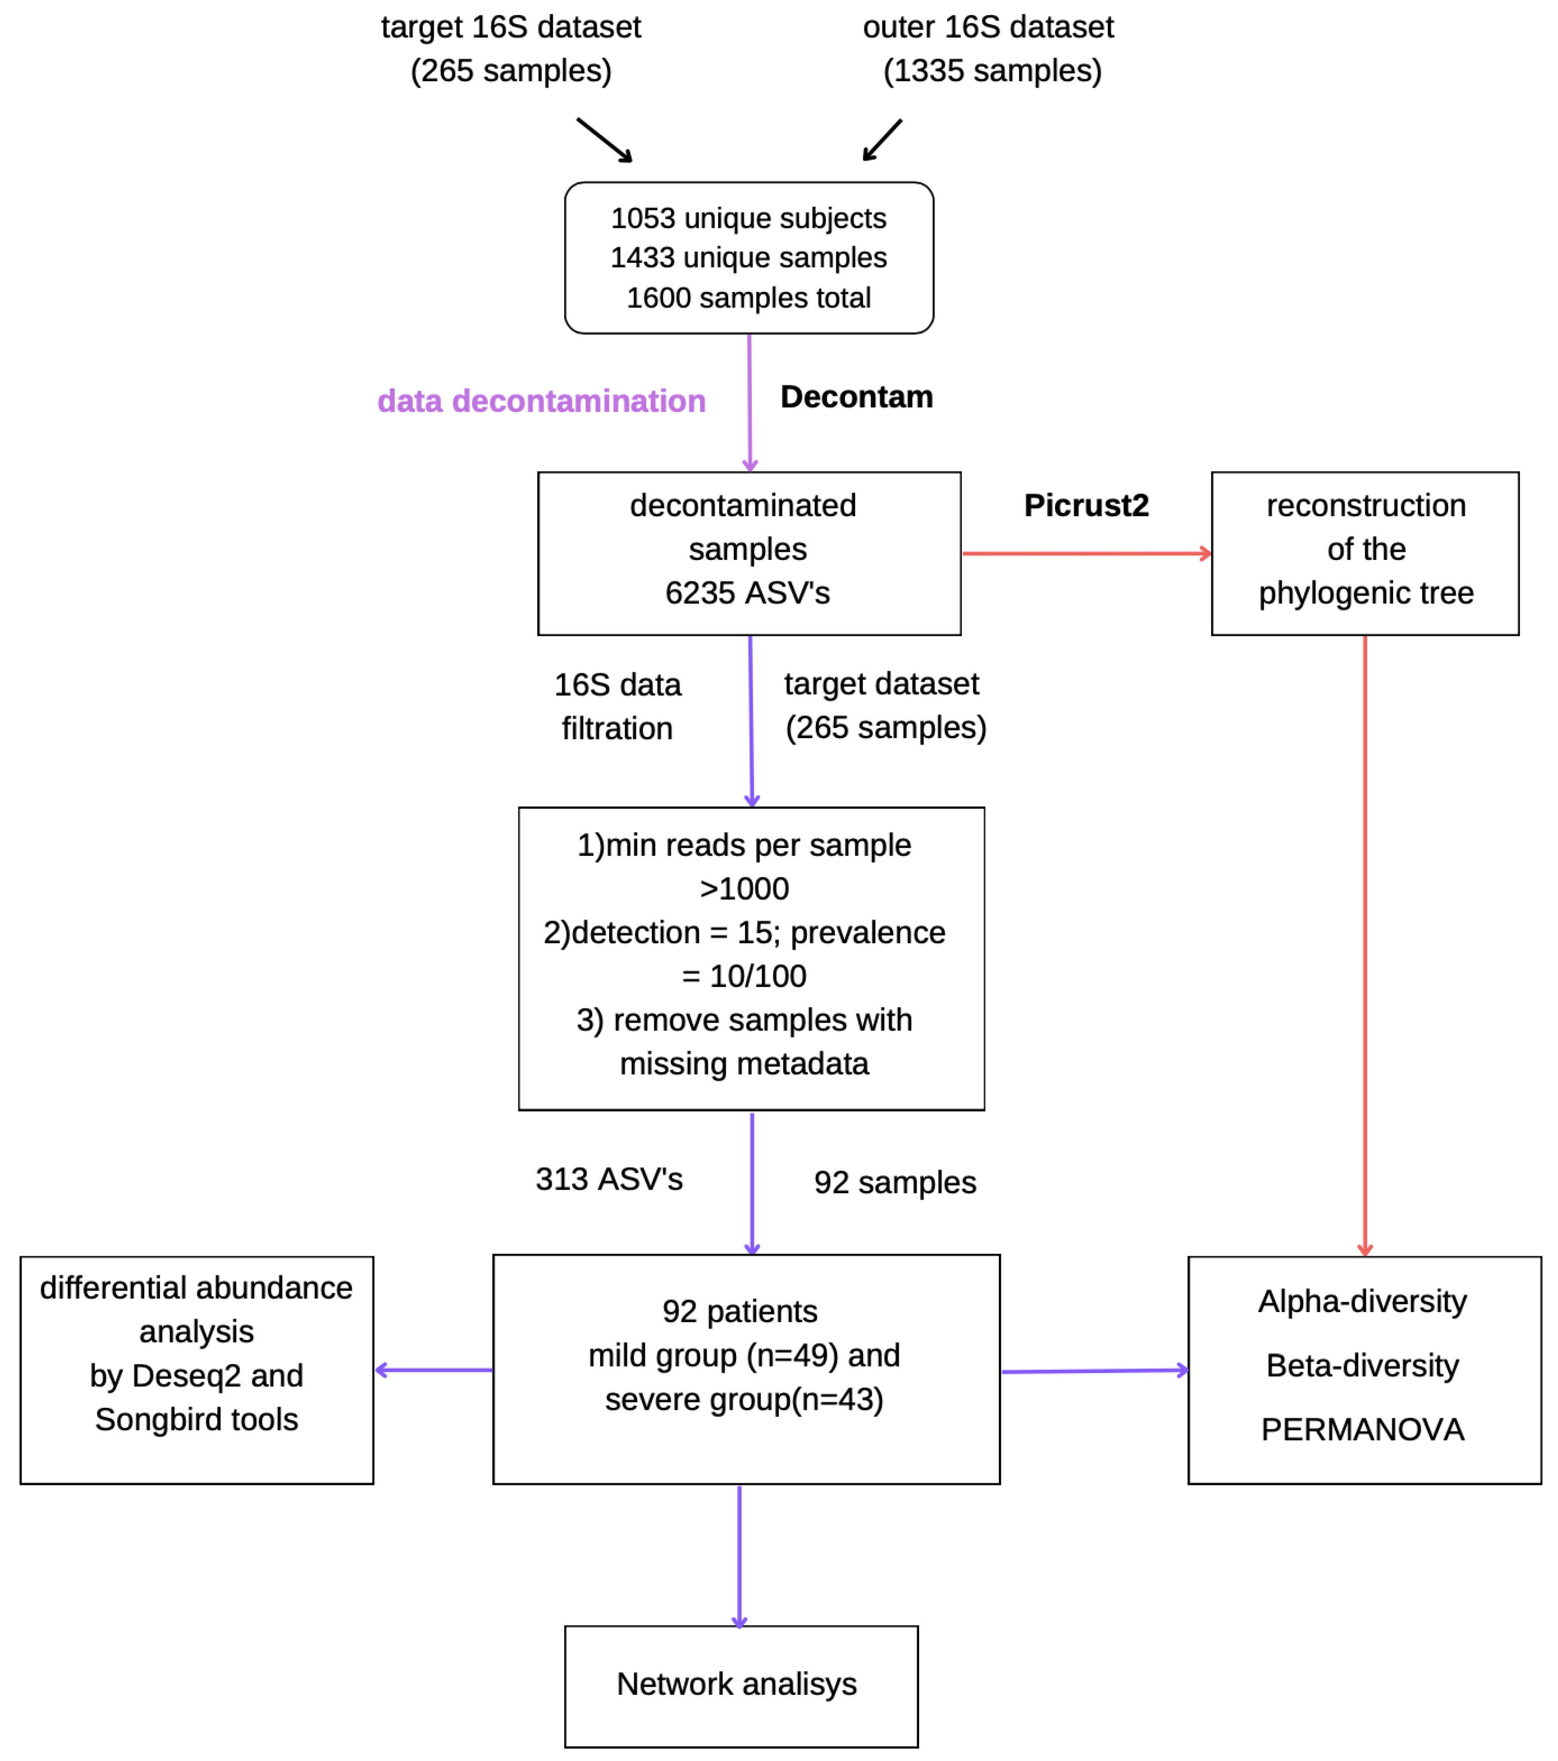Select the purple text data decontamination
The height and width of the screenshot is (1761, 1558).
[541, 401]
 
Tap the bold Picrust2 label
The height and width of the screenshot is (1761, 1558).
[1086, 506]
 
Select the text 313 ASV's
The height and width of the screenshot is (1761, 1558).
[609, 1180]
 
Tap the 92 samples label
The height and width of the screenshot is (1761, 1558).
[895, 1183]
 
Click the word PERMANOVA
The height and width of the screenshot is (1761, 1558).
[1362, 1430]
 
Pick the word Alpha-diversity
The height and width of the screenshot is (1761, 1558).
[1362, 1302]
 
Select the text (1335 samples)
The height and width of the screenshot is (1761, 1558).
[992, 71]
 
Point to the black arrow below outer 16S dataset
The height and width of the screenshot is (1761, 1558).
[883, 139]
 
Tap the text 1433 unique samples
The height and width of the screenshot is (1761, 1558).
[749, 257]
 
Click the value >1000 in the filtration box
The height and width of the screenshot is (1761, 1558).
[744, 889]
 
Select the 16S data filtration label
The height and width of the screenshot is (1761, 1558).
[617, 706]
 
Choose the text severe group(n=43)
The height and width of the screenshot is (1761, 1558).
[744, 1400]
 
